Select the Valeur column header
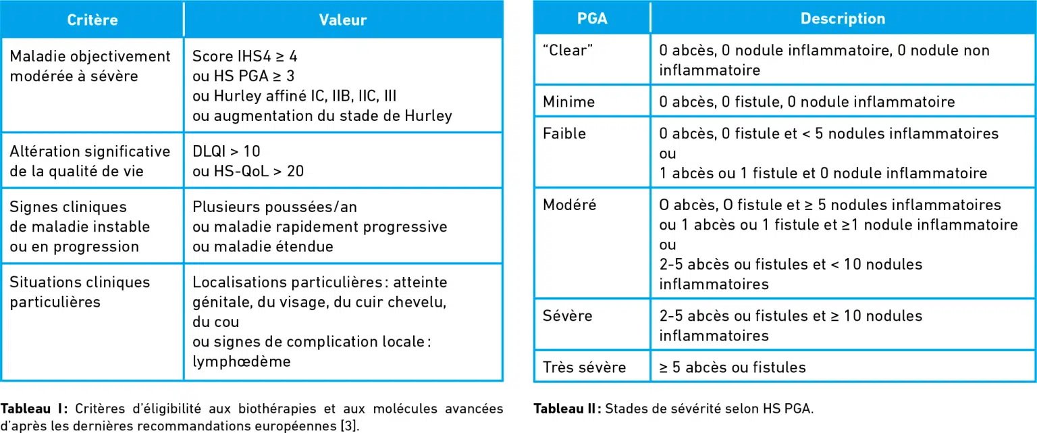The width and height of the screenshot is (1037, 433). coord(342,20)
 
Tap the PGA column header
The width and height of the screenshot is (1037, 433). coord(591,18)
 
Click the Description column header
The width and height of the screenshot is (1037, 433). coord(842,18)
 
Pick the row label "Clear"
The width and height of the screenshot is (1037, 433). coord(564,51)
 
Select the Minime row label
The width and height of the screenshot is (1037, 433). coord(568,102)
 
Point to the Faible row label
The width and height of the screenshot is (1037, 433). coord(564,134)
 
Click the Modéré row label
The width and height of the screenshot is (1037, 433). coord(569,205)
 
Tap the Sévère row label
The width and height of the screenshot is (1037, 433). coord(567,315)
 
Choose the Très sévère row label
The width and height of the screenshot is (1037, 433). coord(584,367)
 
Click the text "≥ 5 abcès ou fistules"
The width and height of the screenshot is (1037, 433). coord(732,367)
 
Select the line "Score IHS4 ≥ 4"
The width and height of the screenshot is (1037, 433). coord(244,56)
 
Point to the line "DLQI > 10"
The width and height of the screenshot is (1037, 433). coord(226,151)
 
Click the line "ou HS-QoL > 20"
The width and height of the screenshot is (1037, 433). coord(248,171)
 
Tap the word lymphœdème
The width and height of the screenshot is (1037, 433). coord(241,361)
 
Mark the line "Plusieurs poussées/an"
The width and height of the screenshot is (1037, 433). coord(274,207)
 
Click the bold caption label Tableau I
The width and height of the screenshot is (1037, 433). coord(34,409)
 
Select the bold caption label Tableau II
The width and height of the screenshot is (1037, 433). coord(566,409)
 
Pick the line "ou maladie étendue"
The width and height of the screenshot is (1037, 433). coord(263,247)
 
